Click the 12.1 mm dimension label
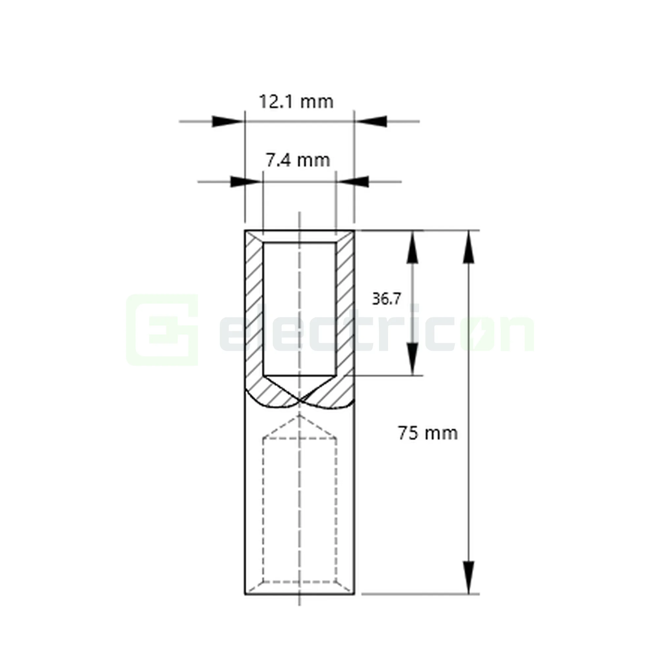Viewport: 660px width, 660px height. click(x=296, y=101)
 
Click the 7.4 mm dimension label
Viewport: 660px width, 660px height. click(x=298, y=160)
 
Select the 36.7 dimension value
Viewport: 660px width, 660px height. click(x=386, y=299)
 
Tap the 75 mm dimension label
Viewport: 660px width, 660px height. click(x=428, y=433)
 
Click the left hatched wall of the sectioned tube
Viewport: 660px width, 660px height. click(x=254, y=308)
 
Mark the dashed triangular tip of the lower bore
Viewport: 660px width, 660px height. click(x=300, y=422)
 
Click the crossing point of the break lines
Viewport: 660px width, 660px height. click(x=300, y=400)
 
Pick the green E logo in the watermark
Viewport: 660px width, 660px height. click(x=162, y=330)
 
